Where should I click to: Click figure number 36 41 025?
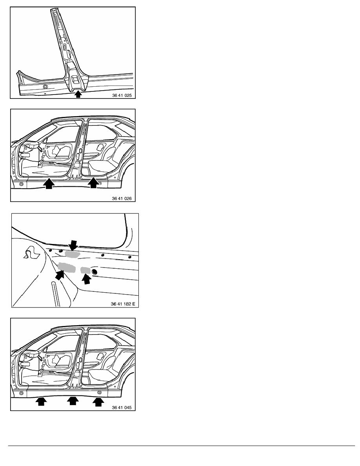[x=122, y=95]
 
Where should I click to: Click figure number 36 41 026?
[x=122, y=198]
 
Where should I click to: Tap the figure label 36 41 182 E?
[x=123, y=304]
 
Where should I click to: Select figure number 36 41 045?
[x=122, y=408]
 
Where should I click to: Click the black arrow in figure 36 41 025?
[x=78, y=94]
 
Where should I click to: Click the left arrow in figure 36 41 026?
[x=49, y=183]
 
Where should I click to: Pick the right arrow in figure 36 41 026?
[x=94, y=182]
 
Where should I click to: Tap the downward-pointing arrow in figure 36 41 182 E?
[x=73, y=246]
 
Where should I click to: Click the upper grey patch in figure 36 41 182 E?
[x=73, y=254]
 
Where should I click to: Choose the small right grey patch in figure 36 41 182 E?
[x=85, y=270]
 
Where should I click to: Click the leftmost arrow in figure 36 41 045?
[x=41, y=402]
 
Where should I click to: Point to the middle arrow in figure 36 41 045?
[x=73, y=401]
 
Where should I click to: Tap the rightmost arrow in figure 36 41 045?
[x=98, y=402]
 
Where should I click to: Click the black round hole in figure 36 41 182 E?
[x=95, y=271]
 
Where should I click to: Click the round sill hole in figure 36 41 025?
[x=45, y=87]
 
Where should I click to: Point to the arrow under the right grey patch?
[x=87, y=279]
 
